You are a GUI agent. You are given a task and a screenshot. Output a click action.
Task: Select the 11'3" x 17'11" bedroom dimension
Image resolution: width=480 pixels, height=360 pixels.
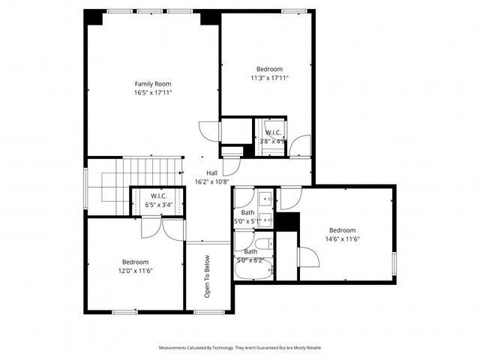[269, 77]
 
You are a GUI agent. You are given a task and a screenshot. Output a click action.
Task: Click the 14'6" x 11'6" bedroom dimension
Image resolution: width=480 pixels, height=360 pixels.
[342, 238]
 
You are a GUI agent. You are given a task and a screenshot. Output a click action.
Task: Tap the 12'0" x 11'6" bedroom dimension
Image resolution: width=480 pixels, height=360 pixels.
[136, 271]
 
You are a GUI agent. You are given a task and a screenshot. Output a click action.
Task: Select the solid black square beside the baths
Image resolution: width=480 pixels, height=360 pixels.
[288, 223]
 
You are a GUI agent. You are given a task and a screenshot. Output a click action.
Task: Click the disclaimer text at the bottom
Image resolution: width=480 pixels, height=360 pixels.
[239, 348]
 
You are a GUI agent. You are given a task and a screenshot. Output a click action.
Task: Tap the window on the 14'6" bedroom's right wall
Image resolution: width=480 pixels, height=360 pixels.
[395, 263]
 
